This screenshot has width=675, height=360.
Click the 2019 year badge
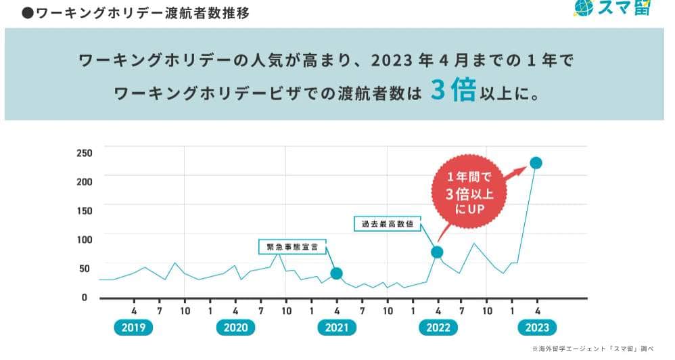(134, 328)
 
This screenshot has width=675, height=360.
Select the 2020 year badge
(235, 328)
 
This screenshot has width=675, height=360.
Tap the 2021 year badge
(336, 328)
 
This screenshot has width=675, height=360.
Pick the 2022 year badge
(438, 328)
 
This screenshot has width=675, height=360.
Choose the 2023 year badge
(538, 328)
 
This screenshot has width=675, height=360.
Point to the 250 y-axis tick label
(84, 152)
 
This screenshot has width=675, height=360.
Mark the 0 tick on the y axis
(85, 298)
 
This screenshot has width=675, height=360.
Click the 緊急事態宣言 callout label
(292, 246)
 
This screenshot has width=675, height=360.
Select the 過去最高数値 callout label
(388, 223)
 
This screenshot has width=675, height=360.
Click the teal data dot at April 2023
(536, 162)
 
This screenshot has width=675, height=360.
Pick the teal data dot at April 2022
(437, 252)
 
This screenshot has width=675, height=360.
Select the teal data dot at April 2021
(336, 273)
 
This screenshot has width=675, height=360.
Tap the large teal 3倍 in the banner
(452, 91)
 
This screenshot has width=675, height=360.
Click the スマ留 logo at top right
(611, 8)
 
